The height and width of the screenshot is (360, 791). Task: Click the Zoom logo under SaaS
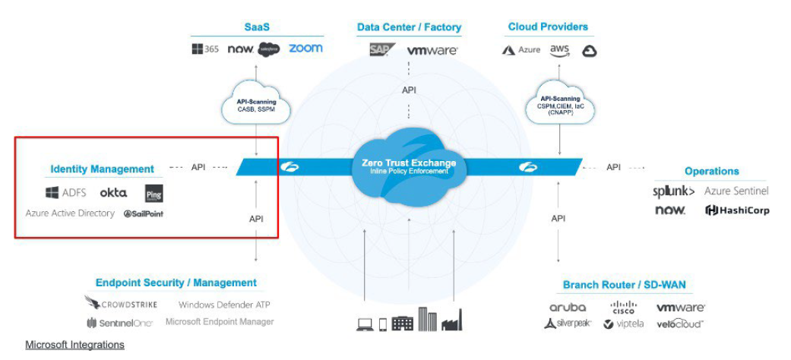coord(305,48)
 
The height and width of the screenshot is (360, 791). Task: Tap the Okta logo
coord(113,193)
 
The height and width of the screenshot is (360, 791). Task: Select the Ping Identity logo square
coord(153,193)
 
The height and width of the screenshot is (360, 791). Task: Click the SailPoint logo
coord(144,213)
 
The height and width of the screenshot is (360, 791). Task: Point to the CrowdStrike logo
coord(122,304)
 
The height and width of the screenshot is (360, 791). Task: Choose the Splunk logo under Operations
coord(674,191)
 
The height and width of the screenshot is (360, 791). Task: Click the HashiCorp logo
coord(737,210)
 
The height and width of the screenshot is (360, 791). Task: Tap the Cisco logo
coord(623,307)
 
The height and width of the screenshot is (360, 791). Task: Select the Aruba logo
coord(568,307)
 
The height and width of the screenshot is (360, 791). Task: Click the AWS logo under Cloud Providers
coord(560,49)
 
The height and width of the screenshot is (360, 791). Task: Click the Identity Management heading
coord(102,169)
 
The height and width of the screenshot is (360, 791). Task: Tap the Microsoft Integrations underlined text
coord(74,345)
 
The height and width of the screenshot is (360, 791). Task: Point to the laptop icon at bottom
coord(365,324)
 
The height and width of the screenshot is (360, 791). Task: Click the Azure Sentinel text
coord(736,191)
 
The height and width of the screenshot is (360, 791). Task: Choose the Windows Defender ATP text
coord(224,305)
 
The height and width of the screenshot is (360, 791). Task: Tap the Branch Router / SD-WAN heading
coord(624,285)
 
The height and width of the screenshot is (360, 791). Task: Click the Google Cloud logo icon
coord(590,51)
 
